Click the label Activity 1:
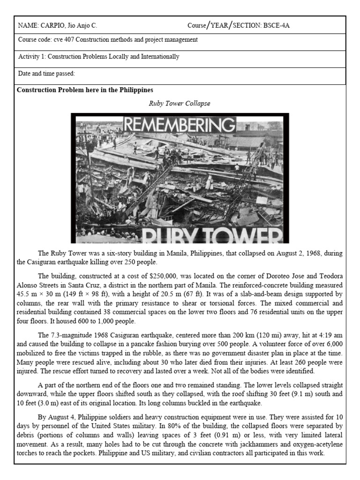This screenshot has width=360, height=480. (x=32, y=57)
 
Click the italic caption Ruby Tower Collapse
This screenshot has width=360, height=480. (x=180, y=103)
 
